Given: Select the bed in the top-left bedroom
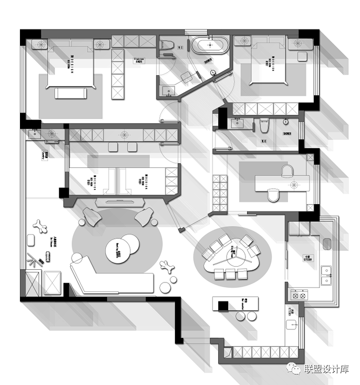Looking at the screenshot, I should pos(71,68).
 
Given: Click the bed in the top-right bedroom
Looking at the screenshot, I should pos(268,66).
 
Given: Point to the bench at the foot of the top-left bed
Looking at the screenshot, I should pos(71,93).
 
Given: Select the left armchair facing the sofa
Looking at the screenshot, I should pos(91,216).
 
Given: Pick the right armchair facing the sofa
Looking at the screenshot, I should pos(144,216).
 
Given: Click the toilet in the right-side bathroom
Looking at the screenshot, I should pos(265,126).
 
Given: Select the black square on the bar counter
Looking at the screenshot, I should pos(223,305).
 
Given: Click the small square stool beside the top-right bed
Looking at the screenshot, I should pos(303,57).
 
